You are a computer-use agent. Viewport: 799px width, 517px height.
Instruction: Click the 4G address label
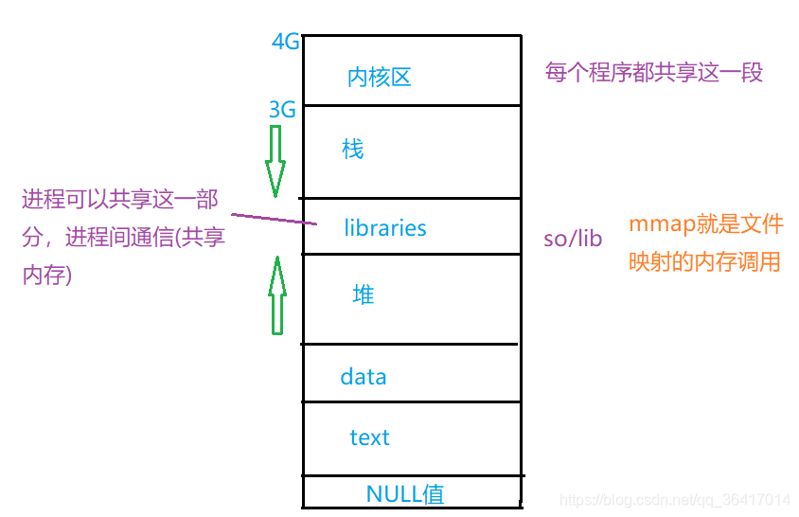pyautogui.click(x=285, y=43)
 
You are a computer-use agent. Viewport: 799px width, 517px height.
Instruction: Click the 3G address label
pyautogui.click(x=282, y=111)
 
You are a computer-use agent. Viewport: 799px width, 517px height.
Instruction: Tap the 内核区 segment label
pyautogui.click(x=379, y=78)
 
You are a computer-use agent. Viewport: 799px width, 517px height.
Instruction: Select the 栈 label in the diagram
pyautogui.click(x=352, y=149)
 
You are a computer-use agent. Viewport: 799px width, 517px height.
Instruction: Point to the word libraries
pyautogui.click(x=385, y=228)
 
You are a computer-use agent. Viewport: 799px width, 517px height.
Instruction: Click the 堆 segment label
pyautogui.click(x=363, y=294)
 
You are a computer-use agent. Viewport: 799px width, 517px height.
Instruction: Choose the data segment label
pyautogui.click(x=364, y=377)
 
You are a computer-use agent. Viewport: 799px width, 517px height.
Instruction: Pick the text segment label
pyautogui.click(x=369, y=437)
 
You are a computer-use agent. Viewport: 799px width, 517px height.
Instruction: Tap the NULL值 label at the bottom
pyautogui.click(x=404, y=493)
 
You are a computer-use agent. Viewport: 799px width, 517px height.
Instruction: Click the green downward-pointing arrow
pyautogui.click(x=275, y=161)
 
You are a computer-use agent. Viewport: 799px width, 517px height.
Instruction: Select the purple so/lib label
pyautogui.click(x=572, y=239)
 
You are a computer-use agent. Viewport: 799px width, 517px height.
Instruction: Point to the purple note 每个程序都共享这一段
pyautogui.click(x=653, y=72)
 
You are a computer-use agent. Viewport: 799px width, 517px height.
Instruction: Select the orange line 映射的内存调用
pyautogui.click(x=704, y=261)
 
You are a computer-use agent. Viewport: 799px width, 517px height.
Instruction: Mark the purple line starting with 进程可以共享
pyautogui.click(x=120, y=199)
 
